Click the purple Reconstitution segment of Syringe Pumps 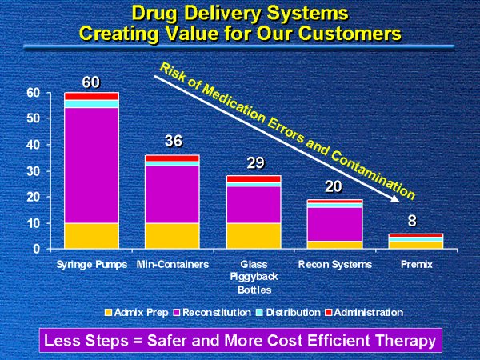pos(91,165)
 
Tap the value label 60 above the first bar pos(91,82)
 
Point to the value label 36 pos(174,142)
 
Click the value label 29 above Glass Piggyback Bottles pos(255,163)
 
